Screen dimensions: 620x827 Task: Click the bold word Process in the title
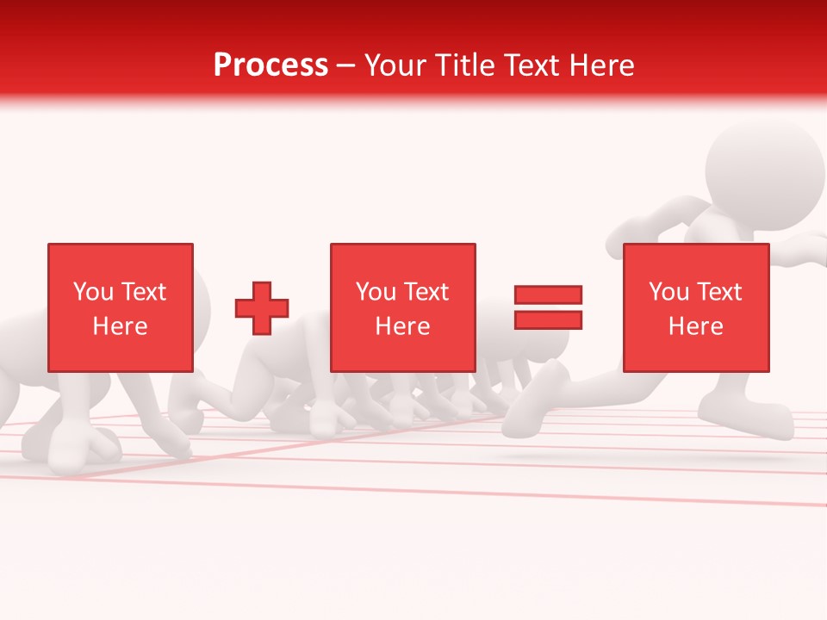pos(270,65)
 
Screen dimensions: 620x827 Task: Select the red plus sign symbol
pos(262,307)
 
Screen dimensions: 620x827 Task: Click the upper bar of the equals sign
pos(549,294)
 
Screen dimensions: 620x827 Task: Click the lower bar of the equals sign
pos(549,319)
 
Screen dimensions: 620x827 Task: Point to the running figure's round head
pos(765,168)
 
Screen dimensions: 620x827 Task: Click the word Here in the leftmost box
pos(120,326)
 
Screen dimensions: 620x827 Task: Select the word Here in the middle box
pos(402,326)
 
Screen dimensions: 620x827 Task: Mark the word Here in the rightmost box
pos(695,326)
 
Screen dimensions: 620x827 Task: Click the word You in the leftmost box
pos(92,292)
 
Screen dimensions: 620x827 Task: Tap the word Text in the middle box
pos(426,292)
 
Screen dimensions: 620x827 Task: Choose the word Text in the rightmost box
pos(718,292)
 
